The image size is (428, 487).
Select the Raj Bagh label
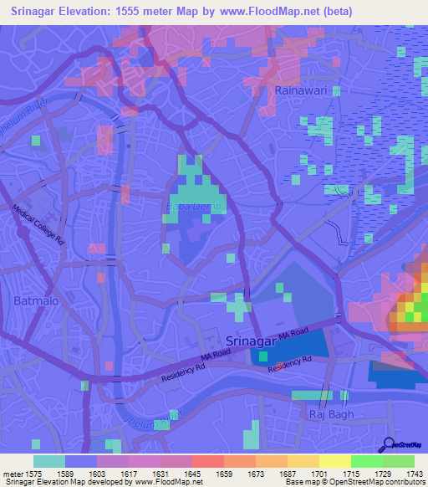[x=332, y=414]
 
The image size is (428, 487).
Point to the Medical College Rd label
[x=38, y=226]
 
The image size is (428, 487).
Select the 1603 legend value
[x=97, y=473]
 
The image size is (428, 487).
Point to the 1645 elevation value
[x=192, y=473]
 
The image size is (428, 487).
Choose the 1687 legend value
[x=288, y=473]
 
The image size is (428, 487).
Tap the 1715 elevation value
[x=351, y=473]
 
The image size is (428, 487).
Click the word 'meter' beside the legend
[x=13, y=473]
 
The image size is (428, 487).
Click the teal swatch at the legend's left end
[x=49, y=461]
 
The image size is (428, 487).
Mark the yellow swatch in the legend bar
[x=335, y=461]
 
